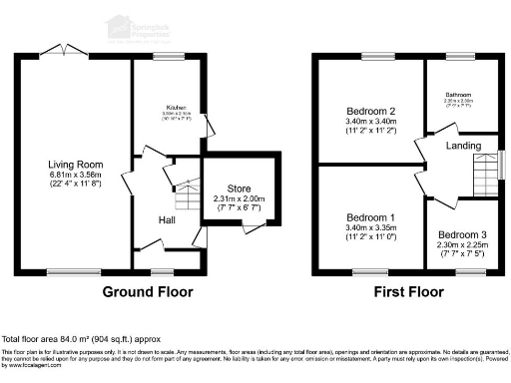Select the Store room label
click(240, 189)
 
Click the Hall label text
click(166, 219)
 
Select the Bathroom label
click(458, 96)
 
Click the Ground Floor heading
click(148, 293)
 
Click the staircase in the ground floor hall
click(185, 186)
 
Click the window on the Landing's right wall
click(500, 166)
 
